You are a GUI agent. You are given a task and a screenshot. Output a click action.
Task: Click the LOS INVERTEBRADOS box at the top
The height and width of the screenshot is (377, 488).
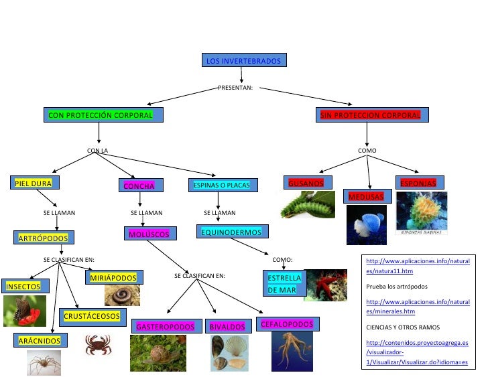(x=244, y=61)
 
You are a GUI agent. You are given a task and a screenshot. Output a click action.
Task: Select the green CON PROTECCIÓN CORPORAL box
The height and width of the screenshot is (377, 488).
(x=101, y=115)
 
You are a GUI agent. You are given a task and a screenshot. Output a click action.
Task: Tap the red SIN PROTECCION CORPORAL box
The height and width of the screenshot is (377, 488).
(x=370, y=115)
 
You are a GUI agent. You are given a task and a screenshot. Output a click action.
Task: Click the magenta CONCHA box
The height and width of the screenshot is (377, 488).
(x=139, y=185)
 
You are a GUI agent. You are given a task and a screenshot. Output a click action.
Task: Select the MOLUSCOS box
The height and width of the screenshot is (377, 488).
(x=151, y=234)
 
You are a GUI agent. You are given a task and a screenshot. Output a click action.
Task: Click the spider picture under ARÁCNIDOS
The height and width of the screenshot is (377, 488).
(x=44, y=363)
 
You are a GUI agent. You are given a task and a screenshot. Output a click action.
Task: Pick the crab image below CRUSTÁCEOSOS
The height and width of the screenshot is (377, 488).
(x=98, y=344)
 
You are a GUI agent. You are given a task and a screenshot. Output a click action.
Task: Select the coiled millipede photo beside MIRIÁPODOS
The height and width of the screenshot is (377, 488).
(x=122, y=295)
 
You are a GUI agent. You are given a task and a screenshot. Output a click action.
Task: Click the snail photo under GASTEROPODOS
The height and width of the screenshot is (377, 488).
(x=158, y=353)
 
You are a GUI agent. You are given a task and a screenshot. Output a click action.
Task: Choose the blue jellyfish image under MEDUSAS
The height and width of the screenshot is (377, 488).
(x=366, y=224)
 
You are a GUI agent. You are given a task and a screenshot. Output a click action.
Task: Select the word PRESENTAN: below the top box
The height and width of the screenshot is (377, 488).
(x=235, y=88)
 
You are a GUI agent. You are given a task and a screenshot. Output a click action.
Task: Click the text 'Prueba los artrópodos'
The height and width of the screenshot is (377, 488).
(x=397, y=287)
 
